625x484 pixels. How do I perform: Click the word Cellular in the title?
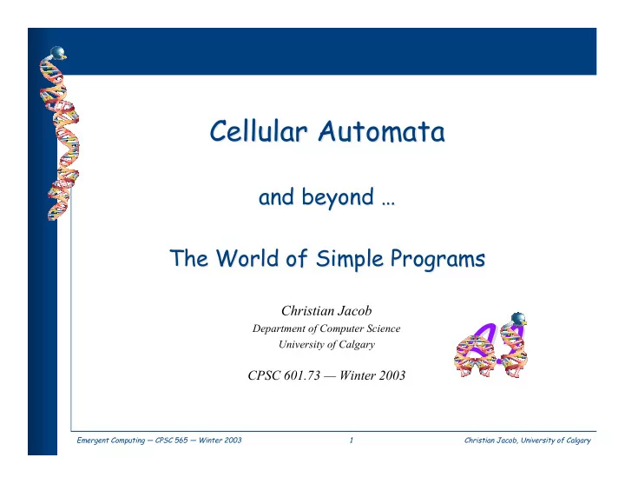[x=259, y=131]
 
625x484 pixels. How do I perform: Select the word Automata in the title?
[x=381, y=131]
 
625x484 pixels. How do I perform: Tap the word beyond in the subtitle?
[x=338, y=197]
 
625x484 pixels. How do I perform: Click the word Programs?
[x=437, y=258]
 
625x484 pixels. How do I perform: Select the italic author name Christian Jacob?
[x=326, y=310]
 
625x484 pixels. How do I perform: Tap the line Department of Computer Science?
[x=326, y=328]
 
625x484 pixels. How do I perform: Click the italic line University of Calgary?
[x=327, y=344]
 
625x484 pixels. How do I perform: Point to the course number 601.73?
[x=302, y=375]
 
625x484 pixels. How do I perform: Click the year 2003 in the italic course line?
[x=391, y=375]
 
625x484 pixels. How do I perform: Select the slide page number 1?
[x=352, y=440]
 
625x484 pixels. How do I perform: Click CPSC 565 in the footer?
[x=171, y=440]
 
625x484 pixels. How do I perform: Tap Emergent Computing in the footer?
[x=111, y=441]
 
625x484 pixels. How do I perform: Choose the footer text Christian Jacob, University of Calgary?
[x=528, y=441]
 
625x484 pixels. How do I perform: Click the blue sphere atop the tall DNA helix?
[x=58, y=52]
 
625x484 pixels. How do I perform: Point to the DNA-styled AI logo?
[x=491, y=345]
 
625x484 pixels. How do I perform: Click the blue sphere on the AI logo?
[x=518, y=318]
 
